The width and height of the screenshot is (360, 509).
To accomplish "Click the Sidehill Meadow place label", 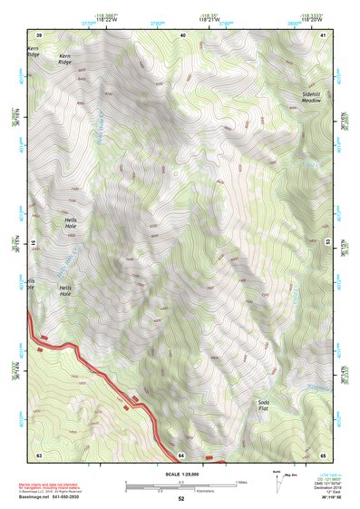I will click(x=312, y=97).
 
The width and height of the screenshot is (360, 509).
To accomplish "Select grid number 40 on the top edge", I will click(x=183, y=34).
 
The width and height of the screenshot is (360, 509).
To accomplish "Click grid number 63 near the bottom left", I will click(x=39, y=455).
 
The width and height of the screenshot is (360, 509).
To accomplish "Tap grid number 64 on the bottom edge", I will click(x=181, y=455).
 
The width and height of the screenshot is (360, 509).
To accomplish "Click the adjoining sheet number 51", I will click(x=34, y=243).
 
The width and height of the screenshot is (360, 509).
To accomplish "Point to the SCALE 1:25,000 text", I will click(x=180, y=474).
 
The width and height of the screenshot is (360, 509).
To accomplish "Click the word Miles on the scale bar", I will click(x=240, y=482).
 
